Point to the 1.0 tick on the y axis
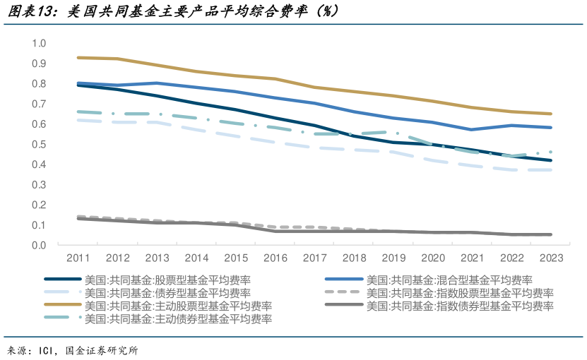pyautogui.click(x=38, y=44)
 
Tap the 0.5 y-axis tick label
pyautogui.click(x=38, y=145)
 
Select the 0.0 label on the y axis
pyautogui.click(x=38, y=246)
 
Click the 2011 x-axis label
pyautogui.click(x=78, y=258)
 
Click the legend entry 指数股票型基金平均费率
pyautogui.click(x=460, y=293)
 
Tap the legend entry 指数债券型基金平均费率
pyautogui.click(x=460, y=306)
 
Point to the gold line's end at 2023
pyautogui.click(x=551, y=114)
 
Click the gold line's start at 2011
pyautogui.click(x=78, y=58)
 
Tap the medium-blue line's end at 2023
pyautogui.click(x=551, y=128)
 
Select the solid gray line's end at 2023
pyautogui.click(x=551, y=234)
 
